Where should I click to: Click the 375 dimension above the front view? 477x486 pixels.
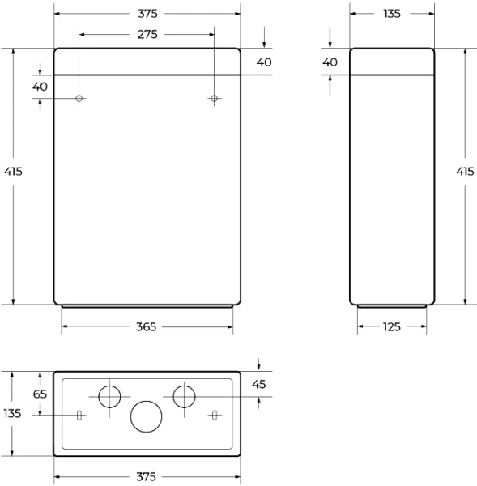point(147,14)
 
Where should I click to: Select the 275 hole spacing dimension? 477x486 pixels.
point(147,35)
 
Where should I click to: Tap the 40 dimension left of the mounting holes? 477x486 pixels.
point(40,87)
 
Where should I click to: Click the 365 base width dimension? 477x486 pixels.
point(147,326)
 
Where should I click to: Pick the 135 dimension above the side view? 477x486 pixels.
point(392,14)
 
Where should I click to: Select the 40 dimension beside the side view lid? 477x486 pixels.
point(330,62)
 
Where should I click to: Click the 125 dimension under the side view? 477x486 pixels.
point(392,326)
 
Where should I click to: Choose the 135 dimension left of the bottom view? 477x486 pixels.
point(12,413)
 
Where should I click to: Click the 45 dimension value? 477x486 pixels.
point(259,385)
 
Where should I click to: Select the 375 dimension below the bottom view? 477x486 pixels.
point(147,476)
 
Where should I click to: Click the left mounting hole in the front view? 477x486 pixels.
point(79,98)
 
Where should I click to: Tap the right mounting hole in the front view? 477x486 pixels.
point(215,98)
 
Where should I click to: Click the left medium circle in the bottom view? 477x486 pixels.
point(109,396)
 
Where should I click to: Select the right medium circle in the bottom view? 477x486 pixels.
point(185,396)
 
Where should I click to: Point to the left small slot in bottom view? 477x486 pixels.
point(79,415)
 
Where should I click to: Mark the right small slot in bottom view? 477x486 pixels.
point(215,415)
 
